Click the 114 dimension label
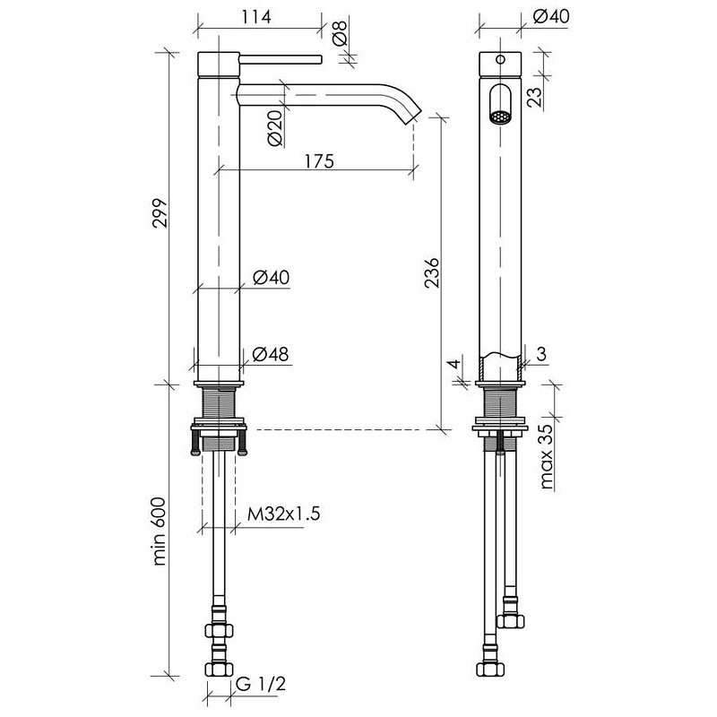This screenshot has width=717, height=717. pos(256,17)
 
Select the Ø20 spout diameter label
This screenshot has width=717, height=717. pos(275,128)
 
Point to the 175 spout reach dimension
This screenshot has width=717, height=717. pos(319,161)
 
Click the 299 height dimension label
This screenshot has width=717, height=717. pos(160,212)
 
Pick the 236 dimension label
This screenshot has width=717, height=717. pos(431,273)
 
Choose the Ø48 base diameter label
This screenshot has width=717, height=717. pos(271,354)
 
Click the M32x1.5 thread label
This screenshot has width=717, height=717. pos(283,514)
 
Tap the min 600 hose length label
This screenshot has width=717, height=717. pos(160,532)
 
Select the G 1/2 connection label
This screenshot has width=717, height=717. pos(261,684)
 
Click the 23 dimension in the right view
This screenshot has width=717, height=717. pos(534,96)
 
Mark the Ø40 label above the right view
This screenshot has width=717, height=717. pos(551,16)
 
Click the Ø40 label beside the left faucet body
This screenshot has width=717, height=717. pos(272,277)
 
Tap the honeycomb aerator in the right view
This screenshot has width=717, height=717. pos(500,117)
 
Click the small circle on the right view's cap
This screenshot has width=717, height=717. pos(500,59)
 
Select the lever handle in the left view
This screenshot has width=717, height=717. pos(281,60)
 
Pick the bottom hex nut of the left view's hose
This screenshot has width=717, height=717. pos(219,669)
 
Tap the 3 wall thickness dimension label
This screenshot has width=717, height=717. pos(541,353)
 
